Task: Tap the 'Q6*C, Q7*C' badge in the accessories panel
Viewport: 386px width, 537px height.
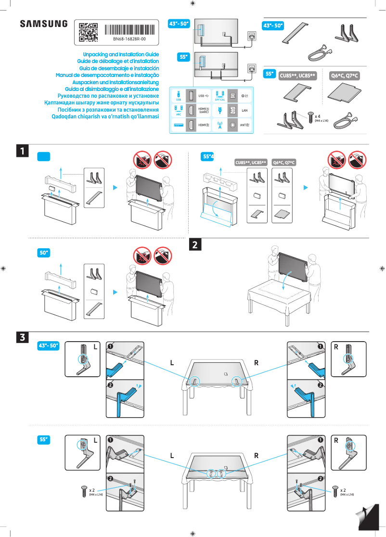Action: tap(345, 76)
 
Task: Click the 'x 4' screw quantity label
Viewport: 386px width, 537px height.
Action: tap(318, 116)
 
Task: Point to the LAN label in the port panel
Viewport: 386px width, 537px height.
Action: tap(244, 111)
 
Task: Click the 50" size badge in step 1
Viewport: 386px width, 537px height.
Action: tap(45, 252)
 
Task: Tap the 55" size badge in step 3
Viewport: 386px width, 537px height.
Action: tap(44, 439)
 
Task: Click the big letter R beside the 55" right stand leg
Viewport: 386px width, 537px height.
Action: tap(336, 440)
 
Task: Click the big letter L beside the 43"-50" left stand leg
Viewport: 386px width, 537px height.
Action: tap(95, 346)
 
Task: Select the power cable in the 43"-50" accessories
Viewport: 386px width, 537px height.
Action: tap(318, 50)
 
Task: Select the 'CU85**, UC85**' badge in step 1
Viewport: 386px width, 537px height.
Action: tap(250, 163)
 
